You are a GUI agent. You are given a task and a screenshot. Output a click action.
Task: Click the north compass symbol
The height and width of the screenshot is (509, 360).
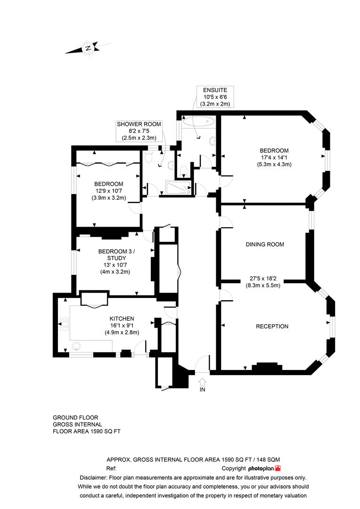point(88,48)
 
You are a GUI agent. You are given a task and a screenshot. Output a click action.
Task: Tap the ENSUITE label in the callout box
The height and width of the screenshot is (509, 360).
point(215,90)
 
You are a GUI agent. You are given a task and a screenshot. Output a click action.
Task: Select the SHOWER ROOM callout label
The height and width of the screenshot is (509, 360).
point(139,124)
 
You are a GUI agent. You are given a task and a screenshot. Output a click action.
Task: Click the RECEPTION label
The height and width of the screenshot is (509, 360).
point(272,327)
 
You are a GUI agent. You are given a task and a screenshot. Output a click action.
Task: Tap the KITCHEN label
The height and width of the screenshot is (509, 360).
point(122,319)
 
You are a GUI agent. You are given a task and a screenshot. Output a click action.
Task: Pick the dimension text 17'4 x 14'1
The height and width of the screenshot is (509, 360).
point(273,158)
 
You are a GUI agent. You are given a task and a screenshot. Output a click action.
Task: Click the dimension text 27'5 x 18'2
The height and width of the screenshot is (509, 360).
point(263,279)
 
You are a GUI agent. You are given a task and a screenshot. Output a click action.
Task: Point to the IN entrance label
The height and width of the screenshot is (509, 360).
point(202,390)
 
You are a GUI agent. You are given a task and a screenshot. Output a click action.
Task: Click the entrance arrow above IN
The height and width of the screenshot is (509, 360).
point(202,381)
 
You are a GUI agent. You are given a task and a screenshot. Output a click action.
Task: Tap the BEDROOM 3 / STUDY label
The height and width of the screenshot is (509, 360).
point(116,255)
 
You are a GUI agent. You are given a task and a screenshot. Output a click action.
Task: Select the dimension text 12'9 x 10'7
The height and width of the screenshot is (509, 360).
point(108,191)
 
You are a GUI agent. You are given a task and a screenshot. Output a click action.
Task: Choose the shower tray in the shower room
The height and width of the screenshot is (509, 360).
point(179,188)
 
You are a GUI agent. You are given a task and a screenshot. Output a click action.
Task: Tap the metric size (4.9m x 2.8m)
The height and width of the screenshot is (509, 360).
point(122,332)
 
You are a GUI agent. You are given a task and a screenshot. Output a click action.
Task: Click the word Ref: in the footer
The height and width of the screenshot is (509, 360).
point(111,468)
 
